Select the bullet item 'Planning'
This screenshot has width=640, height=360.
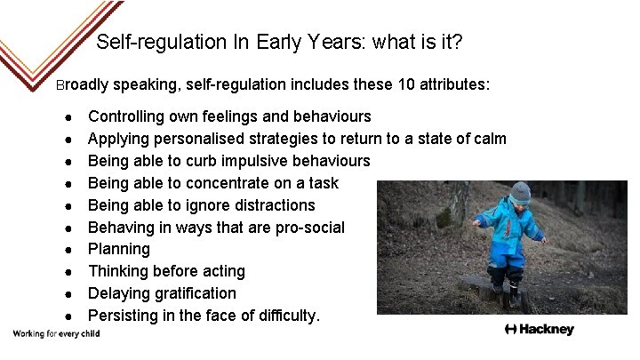click(119, 249)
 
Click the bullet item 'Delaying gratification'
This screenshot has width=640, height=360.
click(162, 293)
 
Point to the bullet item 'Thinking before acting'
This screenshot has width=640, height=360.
click(166, 271)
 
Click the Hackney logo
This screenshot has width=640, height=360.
click(539, 330)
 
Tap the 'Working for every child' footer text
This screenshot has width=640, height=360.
click(55, 334)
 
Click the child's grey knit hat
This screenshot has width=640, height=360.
click(519, 192)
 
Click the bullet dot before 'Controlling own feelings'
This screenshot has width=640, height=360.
click(68, 117)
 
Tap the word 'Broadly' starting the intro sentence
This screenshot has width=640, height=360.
click(82, 85)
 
